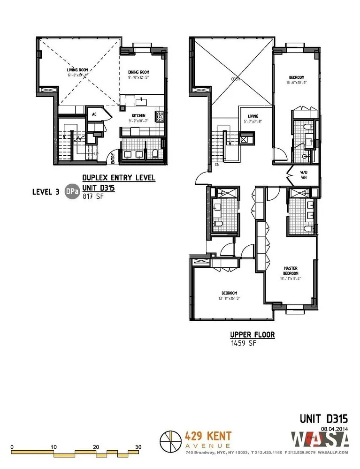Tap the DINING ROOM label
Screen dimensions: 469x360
[138, 72]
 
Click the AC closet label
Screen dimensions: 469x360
[94, 114]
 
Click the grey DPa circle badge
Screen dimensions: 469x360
[72, 191]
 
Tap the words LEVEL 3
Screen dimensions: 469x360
[46, 191]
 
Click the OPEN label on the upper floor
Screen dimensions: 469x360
[235, 79]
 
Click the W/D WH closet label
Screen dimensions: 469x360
[304, 174]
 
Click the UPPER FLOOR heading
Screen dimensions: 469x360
[252, 335]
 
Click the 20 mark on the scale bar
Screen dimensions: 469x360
[96, 447]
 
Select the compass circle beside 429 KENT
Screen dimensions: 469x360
[170, 441]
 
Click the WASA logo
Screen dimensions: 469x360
[321, 440]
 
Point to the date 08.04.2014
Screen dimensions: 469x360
[333, 427]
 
